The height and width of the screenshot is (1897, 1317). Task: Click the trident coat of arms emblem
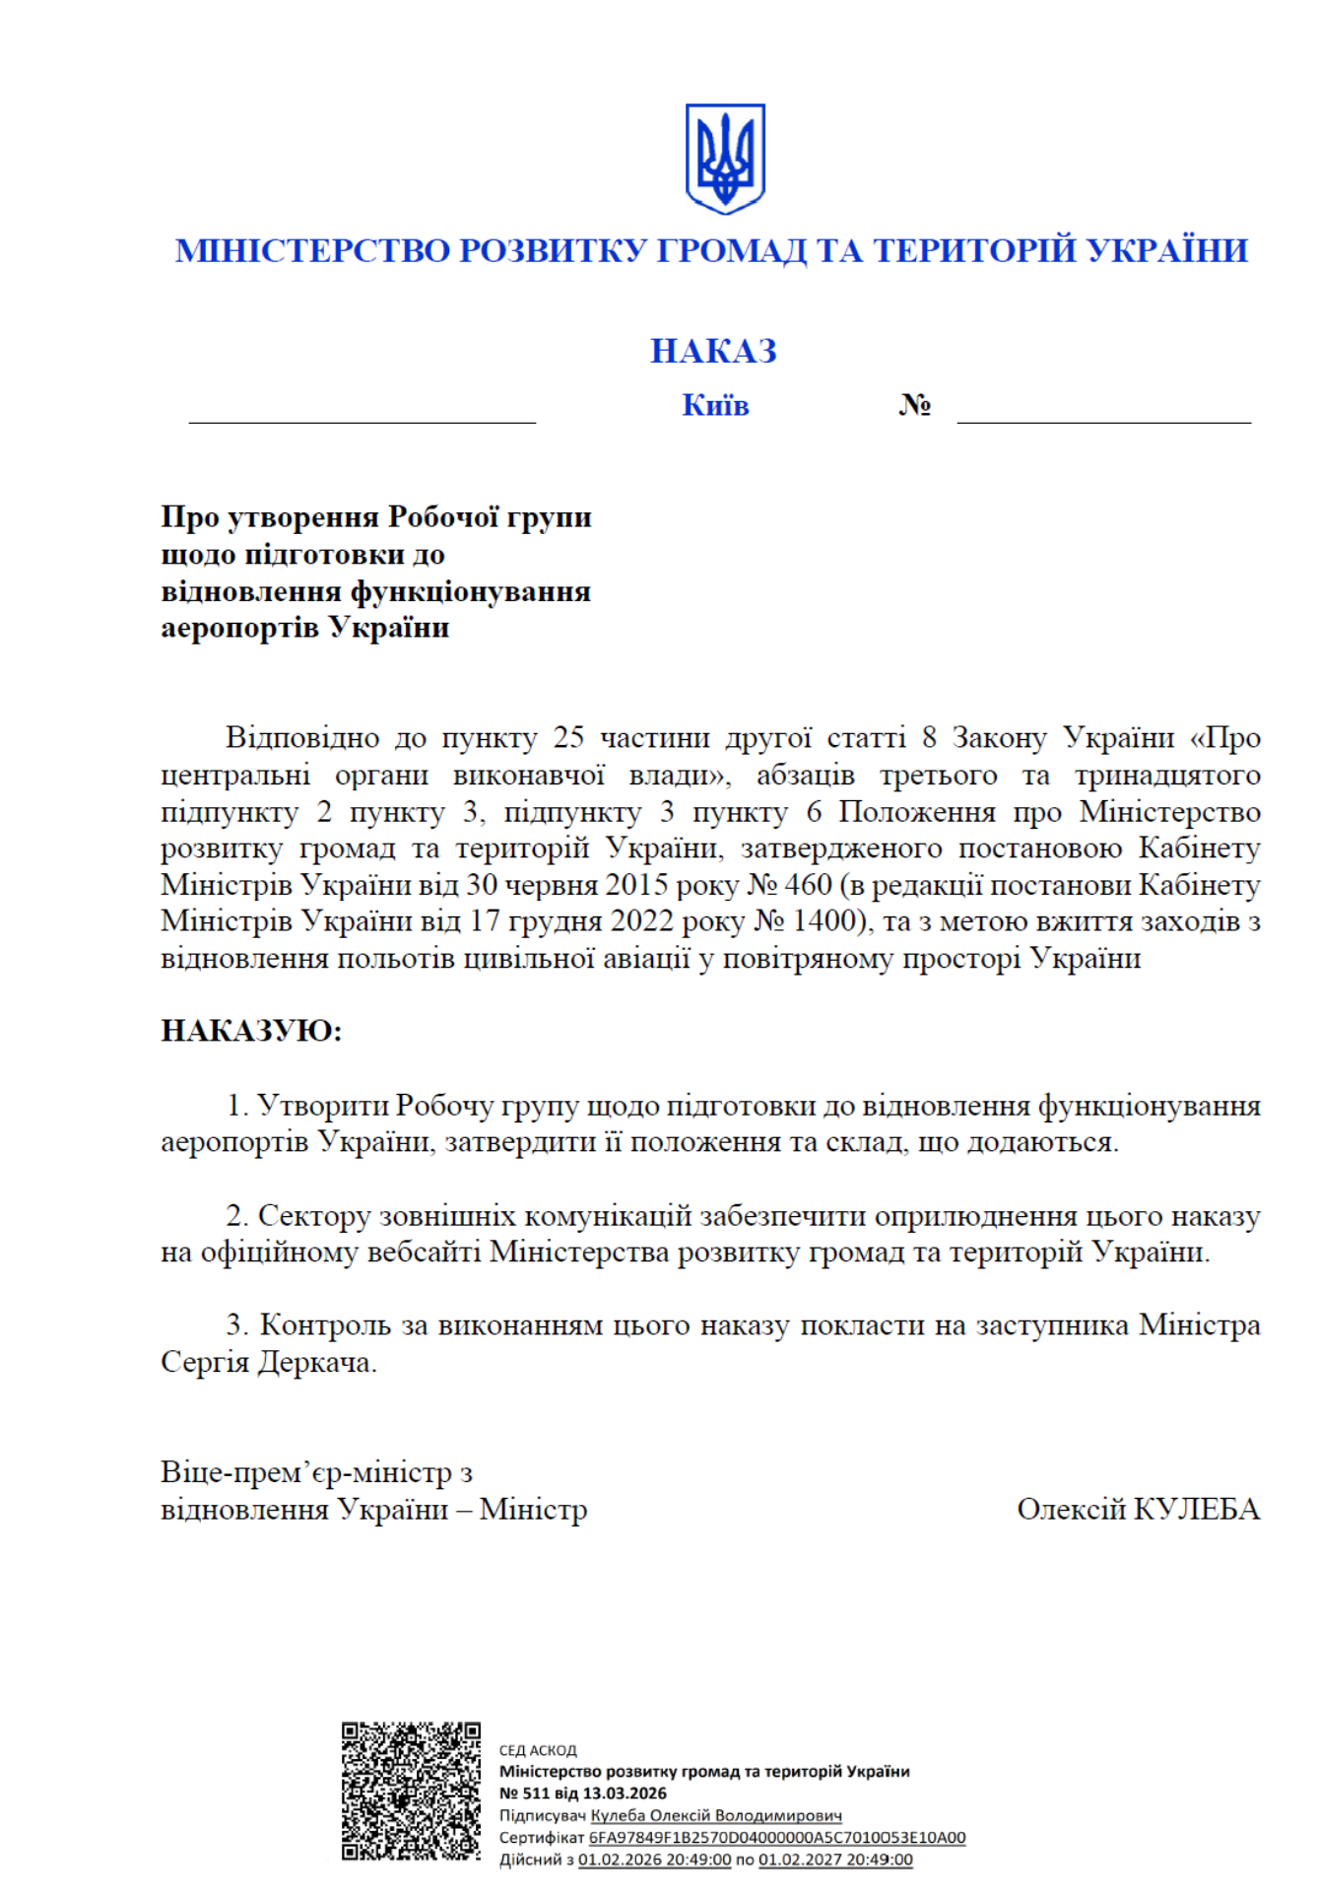725,159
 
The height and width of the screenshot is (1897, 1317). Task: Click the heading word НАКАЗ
713,351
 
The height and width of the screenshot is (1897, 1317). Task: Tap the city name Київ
715,405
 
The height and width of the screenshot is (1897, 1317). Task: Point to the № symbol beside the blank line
914,405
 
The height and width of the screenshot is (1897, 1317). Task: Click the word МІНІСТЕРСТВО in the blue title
312,250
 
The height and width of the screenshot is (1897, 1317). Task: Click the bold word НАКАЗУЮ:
251,1031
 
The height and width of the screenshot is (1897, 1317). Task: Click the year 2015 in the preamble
636,885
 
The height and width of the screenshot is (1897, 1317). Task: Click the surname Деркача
317,1362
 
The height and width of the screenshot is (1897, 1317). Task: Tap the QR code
411,1791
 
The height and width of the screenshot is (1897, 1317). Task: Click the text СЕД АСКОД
538,1750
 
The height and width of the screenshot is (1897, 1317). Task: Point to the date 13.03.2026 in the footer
625,1794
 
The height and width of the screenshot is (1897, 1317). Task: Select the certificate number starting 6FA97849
776,1838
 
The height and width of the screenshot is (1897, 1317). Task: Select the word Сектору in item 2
313,1216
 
